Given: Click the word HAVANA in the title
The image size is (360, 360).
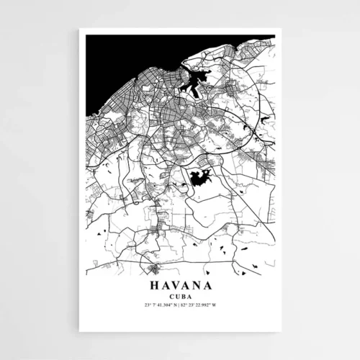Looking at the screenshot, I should pos(180,285).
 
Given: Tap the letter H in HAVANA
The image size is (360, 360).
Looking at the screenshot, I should pos(153,285).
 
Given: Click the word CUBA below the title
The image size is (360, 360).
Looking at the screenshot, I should pos(180,296).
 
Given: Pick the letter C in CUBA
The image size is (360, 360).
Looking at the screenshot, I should pos(171,296).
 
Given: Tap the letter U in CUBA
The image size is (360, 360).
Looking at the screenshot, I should pos(177,296).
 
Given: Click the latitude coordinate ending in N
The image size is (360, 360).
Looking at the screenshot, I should pos(161,305).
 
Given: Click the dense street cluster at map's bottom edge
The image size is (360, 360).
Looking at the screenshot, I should pos(153,269).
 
